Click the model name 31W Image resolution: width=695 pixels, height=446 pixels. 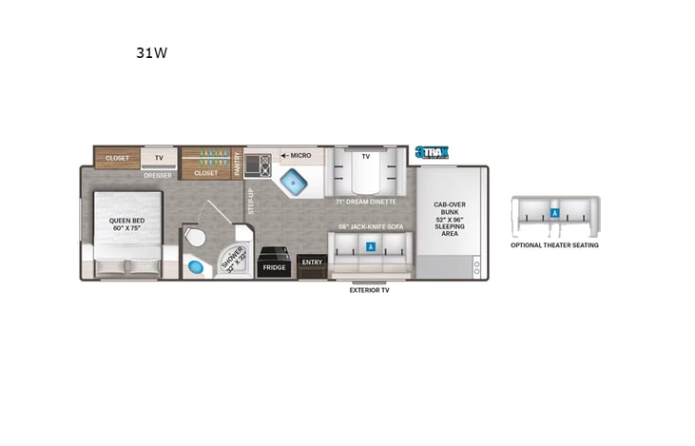152,53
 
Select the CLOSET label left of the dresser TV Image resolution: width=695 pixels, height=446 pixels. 117,159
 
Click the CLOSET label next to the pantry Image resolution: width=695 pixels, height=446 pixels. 206,173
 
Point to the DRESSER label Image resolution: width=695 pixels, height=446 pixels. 158,175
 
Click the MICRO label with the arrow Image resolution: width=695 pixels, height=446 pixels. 297,154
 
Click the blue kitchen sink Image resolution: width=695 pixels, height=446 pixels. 294,180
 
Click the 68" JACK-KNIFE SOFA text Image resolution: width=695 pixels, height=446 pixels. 370,227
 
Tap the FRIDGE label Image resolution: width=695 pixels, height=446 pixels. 275,267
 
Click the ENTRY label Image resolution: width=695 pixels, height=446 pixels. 311,261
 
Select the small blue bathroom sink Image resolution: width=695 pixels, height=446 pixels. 195,265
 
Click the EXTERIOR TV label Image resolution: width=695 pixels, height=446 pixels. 369,290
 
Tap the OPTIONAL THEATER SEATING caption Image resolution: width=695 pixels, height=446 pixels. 554,244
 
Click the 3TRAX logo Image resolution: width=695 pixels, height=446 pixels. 431,152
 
